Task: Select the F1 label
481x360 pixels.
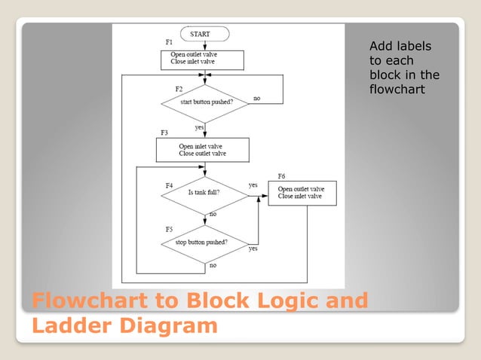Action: coord(169,41)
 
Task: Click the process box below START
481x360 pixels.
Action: coord(202,59)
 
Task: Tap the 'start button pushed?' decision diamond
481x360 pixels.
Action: coord(204,103)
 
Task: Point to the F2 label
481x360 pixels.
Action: coord(179,89)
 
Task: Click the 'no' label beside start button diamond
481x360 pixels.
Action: coord(257,98)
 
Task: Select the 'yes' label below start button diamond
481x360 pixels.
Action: coord(201,127)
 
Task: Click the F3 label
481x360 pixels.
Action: coord(164,133)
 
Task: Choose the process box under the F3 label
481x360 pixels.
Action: coord(202,149)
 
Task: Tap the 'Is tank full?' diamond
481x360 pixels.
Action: coord(204,193)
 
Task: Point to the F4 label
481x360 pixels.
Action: coord(170,185)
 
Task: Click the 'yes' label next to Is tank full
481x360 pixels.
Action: coord(253,185)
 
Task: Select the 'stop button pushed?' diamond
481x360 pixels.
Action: coord(204,243)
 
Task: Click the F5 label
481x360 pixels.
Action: coord(170,228)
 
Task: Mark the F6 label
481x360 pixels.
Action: coord(281,175)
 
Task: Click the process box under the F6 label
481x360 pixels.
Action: coord(302,193)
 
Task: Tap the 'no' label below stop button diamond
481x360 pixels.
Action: coord(213,265)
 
